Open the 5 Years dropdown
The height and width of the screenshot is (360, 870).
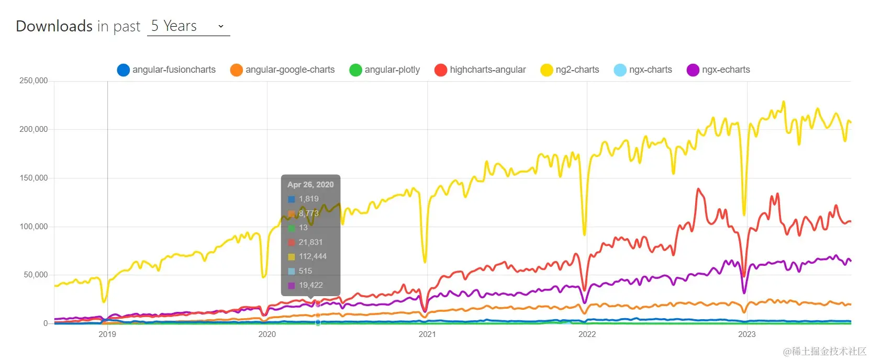pos(188,26)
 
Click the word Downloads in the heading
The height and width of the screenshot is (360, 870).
pos(54,26)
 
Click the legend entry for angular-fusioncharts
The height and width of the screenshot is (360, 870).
pos(167,70)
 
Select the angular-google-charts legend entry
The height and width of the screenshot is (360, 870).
pos(283,70)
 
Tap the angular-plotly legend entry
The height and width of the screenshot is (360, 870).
pos(385,70)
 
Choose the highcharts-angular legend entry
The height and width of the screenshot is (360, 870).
pos(481,70)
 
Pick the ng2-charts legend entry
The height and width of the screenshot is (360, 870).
pos(570,70)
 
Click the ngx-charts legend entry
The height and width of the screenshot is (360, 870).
pos(643,70)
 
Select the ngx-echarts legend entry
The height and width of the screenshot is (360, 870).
pos(719,70)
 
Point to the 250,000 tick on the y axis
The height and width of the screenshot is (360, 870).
pos(34,81)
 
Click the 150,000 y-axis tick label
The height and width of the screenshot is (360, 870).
pos(34,178)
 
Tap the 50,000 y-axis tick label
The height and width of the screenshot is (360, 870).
pos(36,275)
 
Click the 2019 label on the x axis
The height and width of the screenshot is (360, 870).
pos(107,334)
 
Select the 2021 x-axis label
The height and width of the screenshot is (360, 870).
pos(427,334)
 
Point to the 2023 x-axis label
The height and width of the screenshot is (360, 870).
pos(747,334)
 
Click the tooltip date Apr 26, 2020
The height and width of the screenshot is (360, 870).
pos(310,185)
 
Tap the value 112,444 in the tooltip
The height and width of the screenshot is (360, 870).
pos(313,256)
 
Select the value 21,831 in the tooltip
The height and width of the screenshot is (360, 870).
pos(310,242)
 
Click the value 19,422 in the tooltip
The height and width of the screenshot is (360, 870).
pos(310,285)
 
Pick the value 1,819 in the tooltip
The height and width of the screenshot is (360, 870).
pos(308,199)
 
